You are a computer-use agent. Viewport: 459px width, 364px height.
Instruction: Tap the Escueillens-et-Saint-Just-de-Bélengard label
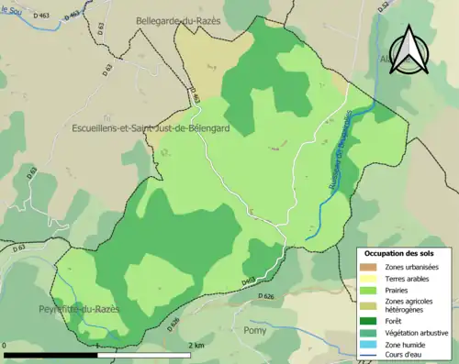pyautogui.click(x=151, y=129)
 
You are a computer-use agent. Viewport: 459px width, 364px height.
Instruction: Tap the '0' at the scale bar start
pyautogui.click(x=6, y=346)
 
